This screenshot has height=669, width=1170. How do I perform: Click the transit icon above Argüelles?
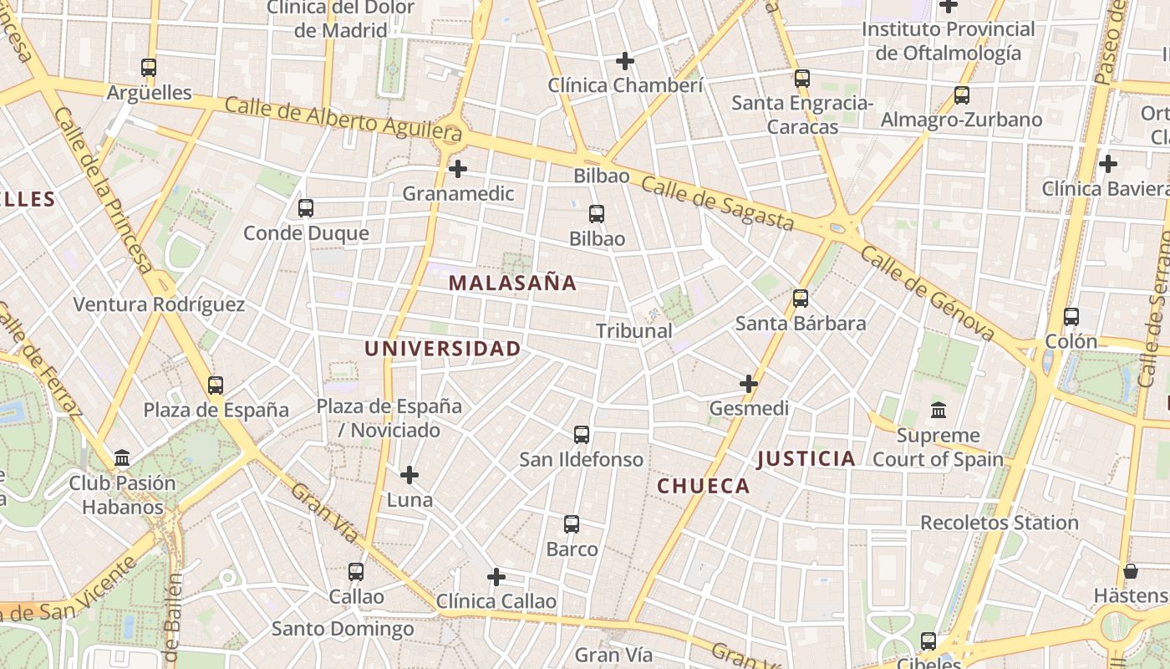click(x=149, y=68)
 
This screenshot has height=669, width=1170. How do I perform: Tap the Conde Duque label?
click(x=306, y=233)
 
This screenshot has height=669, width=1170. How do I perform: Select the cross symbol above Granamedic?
click(x=457, y=169)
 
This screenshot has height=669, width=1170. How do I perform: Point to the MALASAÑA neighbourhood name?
click(x=512, y=283)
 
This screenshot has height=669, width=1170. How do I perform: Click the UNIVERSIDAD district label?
click(x=443, y=349)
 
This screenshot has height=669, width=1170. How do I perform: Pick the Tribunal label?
click(x=634, y=331)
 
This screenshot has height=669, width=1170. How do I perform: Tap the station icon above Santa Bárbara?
click(x=801, y=299)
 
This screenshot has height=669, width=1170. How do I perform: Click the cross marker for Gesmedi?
click(x=749, y=384)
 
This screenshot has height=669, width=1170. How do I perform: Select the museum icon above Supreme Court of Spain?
click(x=939, y=411)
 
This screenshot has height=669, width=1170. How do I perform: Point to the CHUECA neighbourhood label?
click(x=704, y=486)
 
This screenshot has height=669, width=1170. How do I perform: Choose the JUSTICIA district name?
click(x=806, y=458)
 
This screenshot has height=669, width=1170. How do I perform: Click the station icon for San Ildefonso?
click(x=582, y=435)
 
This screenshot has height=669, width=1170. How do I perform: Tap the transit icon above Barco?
click(x=572, y=524)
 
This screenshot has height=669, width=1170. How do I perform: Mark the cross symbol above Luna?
click(x=409, y=475)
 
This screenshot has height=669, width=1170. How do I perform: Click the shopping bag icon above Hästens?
click(x=1131, y=571)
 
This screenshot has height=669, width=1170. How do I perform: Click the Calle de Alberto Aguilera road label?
click(x=343, y=119)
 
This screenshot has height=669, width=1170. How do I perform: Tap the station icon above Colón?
click(x=1071, y=317)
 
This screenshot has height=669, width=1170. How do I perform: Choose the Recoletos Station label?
click(x=1000, y=523)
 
